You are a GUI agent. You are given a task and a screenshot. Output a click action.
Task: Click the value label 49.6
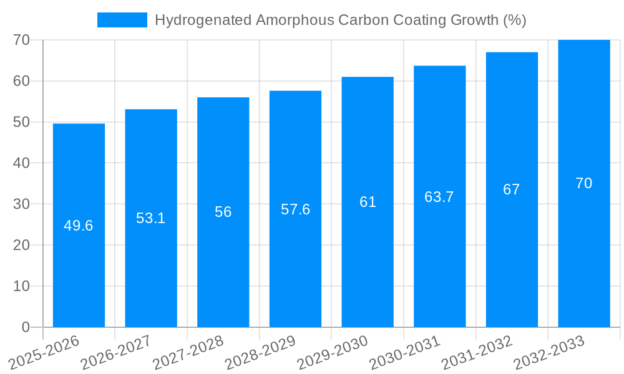tap(79, 226)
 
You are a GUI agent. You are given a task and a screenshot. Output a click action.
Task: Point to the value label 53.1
tap(151, 218)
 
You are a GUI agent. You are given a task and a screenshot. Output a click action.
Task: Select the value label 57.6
tap(295, 209)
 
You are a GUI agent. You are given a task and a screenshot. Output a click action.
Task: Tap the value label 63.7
tap(439, 197)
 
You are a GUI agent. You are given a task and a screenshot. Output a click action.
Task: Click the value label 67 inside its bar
tap(512, 190)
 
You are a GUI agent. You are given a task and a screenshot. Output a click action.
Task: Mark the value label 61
tap(368, 202)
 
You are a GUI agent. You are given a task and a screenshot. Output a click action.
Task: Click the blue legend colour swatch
tap(122, 20)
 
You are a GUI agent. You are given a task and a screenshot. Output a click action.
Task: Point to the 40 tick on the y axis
tap(21, 163)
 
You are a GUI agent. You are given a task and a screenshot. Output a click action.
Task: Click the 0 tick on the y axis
tap(26, 327)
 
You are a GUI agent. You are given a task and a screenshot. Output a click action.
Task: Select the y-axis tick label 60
tap(21, 81)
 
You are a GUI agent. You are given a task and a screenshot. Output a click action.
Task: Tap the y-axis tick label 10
tap(21, 286)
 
